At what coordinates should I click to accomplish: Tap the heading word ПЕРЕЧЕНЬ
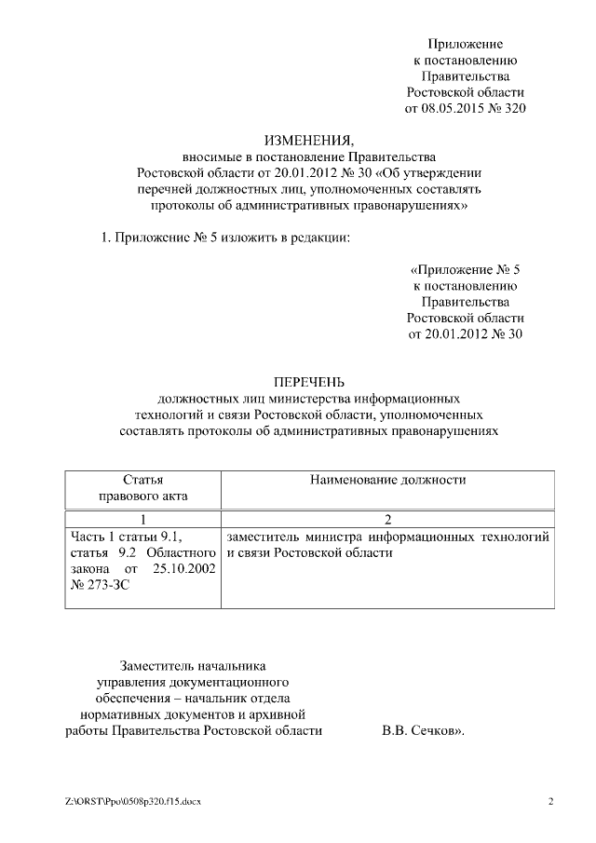308,382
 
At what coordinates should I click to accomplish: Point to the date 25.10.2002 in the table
183,568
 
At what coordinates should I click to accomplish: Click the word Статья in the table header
143,480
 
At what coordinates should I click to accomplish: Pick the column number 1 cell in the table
143,519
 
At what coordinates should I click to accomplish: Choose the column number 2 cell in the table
387,519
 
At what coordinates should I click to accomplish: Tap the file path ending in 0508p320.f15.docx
133,801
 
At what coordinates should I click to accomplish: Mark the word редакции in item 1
321,238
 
